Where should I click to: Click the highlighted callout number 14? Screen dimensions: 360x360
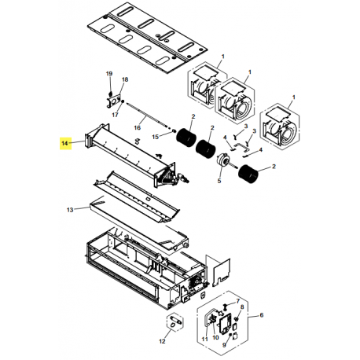(x=65, y=143)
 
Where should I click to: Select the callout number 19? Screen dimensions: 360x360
(x=110, y=73)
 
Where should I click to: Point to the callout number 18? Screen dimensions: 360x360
(x=124, y=81)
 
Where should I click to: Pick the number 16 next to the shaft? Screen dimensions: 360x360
(x=138, y=127)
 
